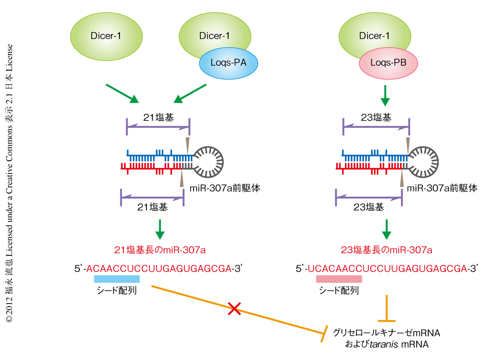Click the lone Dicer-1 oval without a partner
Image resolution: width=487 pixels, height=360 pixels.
pyautogui.click(x=106, y=36)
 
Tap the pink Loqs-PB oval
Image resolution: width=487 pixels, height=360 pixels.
pyautogui.click(x=388, y=63)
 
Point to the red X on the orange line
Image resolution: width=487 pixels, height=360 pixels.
pyautogui.click(x=234, y=309)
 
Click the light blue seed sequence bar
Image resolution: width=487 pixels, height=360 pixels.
pyautogui.click(x=116, y=279)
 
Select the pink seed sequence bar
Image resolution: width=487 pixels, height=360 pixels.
pyautogui.click(x=339, y=279)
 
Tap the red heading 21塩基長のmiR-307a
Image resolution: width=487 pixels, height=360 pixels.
pyautogui.click(x=160, y=250)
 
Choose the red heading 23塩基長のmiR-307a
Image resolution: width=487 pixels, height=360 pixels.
pyautogui.click(x=386, y=250)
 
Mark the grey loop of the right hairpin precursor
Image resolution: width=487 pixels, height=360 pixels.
pyautogui.click(x=425, y=160)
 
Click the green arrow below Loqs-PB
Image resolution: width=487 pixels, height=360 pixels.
pyautogui.click(x=385, y=96)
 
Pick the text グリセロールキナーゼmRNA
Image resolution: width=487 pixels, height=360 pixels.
pyautogui.click(x=387, y=332)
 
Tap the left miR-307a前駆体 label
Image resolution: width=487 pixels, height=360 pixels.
pyautogui.click(x=225, y=188)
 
